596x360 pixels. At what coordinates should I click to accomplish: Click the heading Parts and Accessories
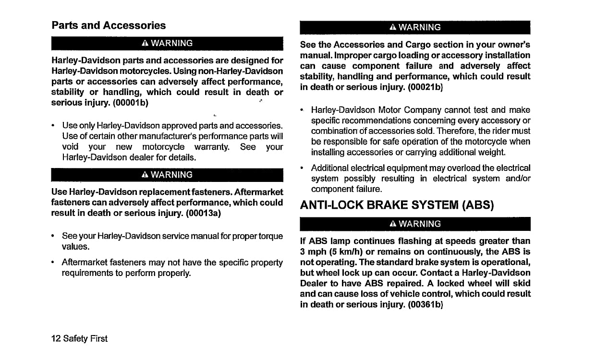(109, 25)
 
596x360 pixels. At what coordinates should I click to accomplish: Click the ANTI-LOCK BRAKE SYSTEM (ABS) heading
(397, 205)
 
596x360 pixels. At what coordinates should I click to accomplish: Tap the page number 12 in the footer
(56, 338)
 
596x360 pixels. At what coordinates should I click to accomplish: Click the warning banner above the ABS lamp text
(415, 224)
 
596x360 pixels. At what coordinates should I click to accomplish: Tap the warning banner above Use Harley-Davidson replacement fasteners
(167, 175)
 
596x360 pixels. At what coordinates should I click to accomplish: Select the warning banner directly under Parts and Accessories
(167, 43)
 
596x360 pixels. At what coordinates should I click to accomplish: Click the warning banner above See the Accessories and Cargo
(415, 27)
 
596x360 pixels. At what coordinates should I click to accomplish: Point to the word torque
(271, 236)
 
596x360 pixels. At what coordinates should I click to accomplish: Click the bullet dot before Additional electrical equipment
(302, 168)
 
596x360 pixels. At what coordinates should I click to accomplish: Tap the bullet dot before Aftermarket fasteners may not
(53, 263)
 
